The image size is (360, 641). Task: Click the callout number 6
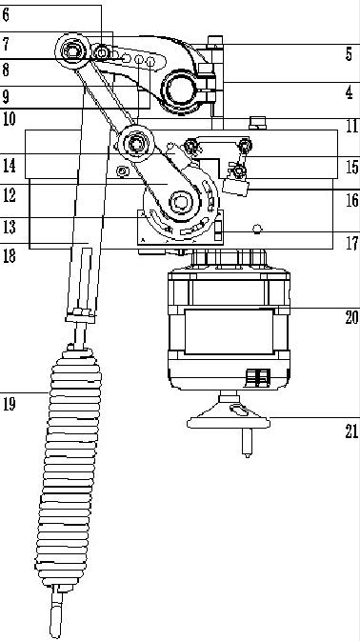click(x=6, y=14)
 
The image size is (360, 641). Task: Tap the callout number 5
click(x=349, y=54)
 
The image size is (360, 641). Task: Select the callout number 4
click(x=349, y=92)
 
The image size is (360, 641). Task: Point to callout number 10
click(x=9, y=119)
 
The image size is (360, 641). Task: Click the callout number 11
click(x=352, y=126)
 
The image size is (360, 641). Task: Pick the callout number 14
click(x=9, y=166)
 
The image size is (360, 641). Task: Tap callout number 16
click(x=351, y=200)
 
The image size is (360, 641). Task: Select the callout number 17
click(x=352, y=243)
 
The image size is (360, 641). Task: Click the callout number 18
click(x=9, y=256)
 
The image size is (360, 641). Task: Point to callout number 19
click(x=9, y=404)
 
